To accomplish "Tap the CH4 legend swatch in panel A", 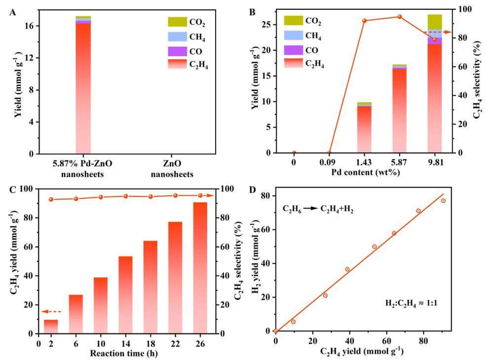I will point(178,36).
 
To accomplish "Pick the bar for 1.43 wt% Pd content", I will point(365,128).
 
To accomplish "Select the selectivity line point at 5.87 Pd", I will point(400,17).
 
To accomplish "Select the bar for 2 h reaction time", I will point(51,326).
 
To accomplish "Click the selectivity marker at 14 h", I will point(125,196).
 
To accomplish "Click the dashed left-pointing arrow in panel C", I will point(51,312).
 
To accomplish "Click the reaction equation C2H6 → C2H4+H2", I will point(317,209).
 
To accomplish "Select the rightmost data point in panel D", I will point(443,201).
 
